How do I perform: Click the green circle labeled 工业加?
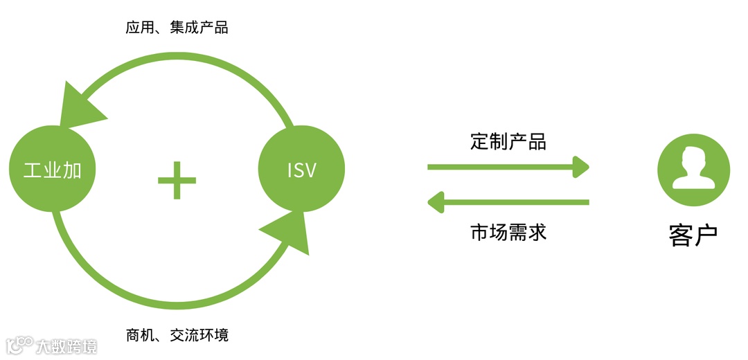pos(52,169)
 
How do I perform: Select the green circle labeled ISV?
pos(301,169)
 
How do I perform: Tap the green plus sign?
pos(177,180)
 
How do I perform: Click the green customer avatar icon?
pos(693,170)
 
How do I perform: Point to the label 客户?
pos(693,235)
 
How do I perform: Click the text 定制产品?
pos(508,142)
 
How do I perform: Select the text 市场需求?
pos(508,231)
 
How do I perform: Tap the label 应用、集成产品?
pos(177,28)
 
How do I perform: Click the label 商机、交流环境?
pos(177,336)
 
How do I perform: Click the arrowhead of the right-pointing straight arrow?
pos(580,166)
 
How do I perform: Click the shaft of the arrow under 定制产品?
pos(499,166)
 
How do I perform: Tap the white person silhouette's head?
pos(693,160)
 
